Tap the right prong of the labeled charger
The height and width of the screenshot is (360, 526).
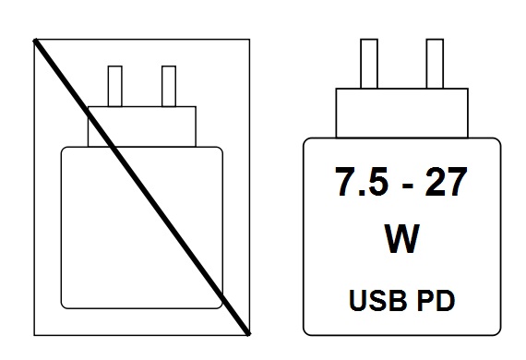(x=436, y=65)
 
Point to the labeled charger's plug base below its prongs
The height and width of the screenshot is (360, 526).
(x=400, y=112)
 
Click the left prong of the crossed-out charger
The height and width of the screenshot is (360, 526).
(x=115, y=86)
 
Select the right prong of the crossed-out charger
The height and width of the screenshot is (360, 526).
(x=169, y=86)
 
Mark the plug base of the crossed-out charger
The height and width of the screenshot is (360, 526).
(x=142, y=126)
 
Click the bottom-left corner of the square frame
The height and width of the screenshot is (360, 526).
(x=34, y=332)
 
